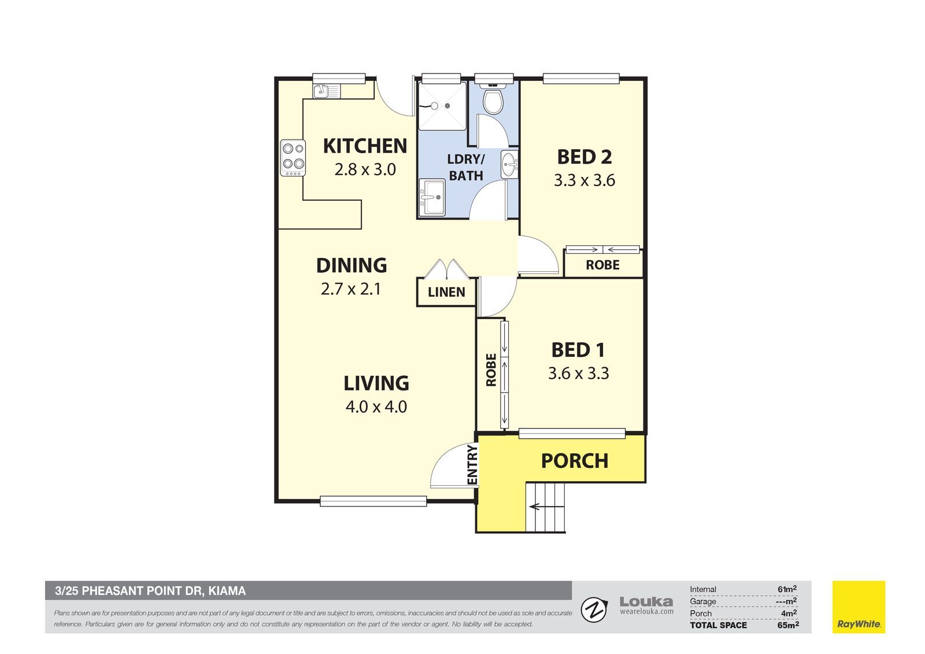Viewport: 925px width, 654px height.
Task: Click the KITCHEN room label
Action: coord(365,146)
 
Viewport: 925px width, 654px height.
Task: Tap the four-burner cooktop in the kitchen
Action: coord(293,158)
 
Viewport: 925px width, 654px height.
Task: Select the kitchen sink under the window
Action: coord(326,91)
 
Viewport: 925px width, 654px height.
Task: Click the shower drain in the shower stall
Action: coord(447,106)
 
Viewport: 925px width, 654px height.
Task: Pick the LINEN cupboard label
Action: coord(446,293)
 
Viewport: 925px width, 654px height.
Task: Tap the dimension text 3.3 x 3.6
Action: coord(584,180)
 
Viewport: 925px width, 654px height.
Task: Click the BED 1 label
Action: coord(578,350)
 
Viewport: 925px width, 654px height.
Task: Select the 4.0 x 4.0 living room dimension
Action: coord(376,407)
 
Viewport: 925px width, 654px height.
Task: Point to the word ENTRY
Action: coord(472,464)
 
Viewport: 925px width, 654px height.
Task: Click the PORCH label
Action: coord(575,461)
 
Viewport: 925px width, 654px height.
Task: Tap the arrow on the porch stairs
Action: coord(546,506)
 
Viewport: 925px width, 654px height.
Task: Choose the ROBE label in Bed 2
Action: coord(602,265)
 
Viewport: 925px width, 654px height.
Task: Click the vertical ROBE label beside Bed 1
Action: coord(491,370)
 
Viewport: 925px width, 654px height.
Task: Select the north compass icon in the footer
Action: coord(594,610)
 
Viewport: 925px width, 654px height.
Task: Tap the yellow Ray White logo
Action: coord(859,607)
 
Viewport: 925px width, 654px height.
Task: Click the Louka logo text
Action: coord(646,601)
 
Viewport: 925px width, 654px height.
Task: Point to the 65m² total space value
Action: coord(788,625)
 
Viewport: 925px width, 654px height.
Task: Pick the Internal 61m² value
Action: coord(787,589)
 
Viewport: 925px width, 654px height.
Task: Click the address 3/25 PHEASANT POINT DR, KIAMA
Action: coord(150,591)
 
